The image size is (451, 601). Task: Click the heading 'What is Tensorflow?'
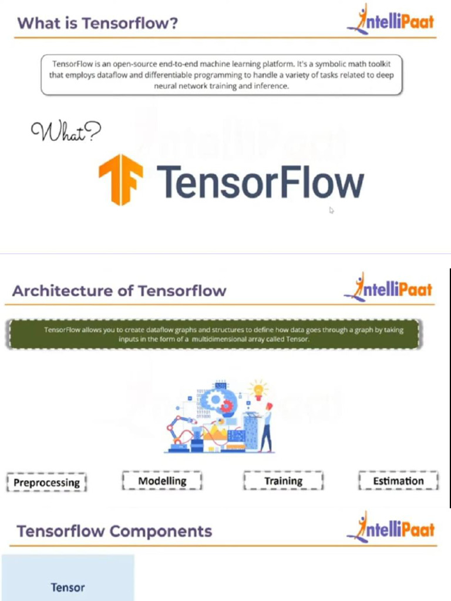(x=97, y=23)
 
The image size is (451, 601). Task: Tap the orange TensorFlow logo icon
(x=120, y=179)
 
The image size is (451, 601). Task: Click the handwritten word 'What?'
(x=65, y=131)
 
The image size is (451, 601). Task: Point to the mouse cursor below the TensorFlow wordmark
(x=331, y=210)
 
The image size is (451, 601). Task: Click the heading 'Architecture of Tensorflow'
(x=119, y=291)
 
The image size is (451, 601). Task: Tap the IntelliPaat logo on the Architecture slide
(x=388, y=288)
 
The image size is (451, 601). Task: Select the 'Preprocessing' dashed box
(x=46, y=482)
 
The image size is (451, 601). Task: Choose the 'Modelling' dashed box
(x=162, y=481)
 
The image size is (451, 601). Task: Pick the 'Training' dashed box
(x=283, y=481)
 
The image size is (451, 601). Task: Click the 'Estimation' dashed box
(x=398, y=481)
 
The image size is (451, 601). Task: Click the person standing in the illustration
(x=267, y=429)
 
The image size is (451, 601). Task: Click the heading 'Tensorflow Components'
(x=114, y=531)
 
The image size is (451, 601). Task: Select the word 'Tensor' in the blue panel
(x=68, y=587)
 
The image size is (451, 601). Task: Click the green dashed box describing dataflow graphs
(x=214, y=334)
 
